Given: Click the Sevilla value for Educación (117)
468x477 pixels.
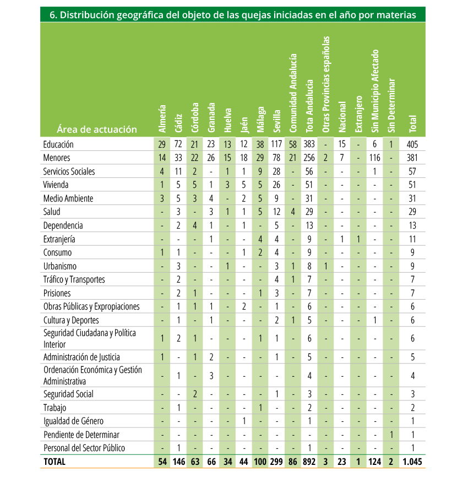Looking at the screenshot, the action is click(276, 144).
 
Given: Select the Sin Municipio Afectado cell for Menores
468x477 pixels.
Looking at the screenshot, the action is click(374, 158).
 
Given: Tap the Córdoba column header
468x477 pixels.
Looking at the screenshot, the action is click(195, 117).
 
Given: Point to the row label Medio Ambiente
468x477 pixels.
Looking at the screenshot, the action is click(68, 198).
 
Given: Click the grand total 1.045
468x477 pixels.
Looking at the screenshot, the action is click(412, 462).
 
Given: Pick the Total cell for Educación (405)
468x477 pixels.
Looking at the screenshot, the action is click(412, 144).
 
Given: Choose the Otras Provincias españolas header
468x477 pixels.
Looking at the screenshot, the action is click(326, 84).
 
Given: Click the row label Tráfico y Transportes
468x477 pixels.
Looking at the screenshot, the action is click(74, 280).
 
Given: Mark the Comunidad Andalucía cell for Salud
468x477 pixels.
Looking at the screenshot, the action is click(293, 212).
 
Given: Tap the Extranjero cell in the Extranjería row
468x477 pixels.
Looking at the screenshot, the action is click(358, 239).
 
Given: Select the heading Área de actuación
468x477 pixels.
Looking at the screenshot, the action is click(97, 129).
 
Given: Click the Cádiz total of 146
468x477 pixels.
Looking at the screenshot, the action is click(179, 462).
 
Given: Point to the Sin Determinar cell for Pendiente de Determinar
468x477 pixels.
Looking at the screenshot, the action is click(391, 435).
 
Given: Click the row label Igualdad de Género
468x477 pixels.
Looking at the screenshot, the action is click(73, 421).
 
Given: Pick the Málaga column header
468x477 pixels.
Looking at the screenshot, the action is click(260, 120).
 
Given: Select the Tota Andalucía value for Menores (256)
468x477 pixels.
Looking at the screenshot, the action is click(309, 158).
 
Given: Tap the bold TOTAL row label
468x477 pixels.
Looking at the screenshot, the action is click(55, 462).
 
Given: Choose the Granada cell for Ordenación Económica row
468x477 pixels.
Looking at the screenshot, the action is click(211, 376).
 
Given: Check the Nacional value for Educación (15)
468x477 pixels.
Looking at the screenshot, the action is click(342, 144).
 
